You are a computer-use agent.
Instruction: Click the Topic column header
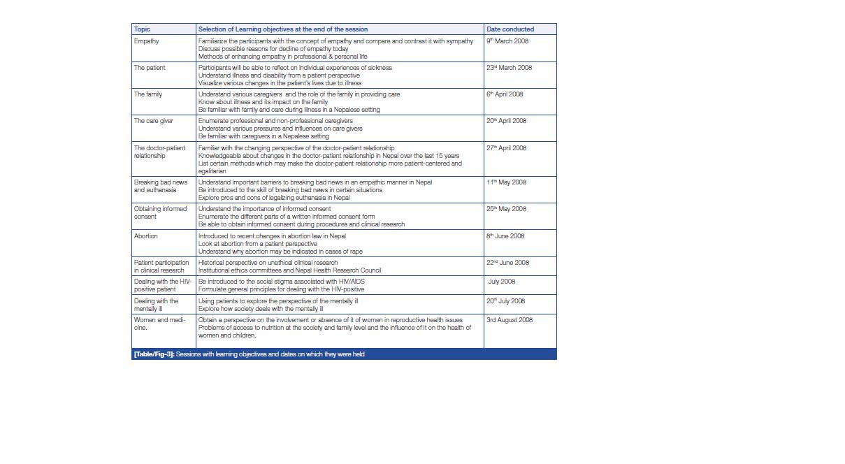pos(142,29)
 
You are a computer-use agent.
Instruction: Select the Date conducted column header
pos(510,29)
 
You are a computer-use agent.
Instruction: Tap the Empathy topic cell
pos(147,41)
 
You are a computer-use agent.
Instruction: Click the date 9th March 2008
pos(507,41)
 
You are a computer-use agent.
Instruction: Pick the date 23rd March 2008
pos(509,68)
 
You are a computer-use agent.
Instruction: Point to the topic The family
pos(148,94)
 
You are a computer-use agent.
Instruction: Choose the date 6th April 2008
pos(504,94)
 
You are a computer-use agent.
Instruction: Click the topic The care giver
pos(152,121)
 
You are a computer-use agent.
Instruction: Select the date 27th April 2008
pos(506,148)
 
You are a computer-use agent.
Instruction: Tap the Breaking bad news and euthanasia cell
pos(161,186)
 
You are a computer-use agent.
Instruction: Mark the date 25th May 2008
pos(506,209)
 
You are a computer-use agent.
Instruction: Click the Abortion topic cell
pos(146,236)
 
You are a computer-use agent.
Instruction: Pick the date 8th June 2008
pos(505,236)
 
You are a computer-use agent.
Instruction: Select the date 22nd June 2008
pos(507,263)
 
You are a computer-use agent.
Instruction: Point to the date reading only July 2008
pos(501,282)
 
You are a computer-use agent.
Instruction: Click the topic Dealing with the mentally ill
pos(157,305)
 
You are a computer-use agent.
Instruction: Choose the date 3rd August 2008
pos(509,320)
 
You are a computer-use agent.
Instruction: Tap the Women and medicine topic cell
pos(159,324)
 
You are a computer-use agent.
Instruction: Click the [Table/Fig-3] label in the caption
pos(154,354)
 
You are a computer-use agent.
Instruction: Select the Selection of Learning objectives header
pos(282,29)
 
